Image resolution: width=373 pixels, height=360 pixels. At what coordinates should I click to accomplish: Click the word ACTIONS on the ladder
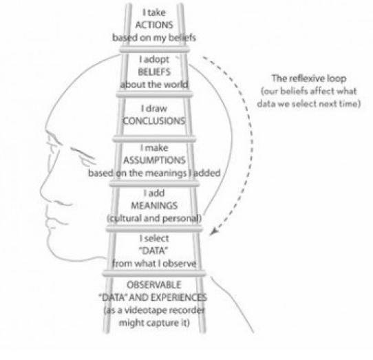[x=154, y=25]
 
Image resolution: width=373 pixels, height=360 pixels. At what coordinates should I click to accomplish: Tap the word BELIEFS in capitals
[x=154, y=72]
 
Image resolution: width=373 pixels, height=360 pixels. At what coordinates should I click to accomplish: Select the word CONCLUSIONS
[x=154, y=121]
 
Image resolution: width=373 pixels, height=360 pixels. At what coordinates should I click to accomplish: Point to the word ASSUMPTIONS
[x=154, y=160]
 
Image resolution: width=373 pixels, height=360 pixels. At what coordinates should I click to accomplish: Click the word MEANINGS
[x=154, y=206]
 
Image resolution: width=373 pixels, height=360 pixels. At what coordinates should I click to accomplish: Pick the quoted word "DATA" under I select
[x=153, y=251]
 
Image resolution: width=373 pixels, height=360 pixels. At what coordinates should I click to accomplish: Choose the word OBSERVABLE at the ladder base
[x=154, y=285]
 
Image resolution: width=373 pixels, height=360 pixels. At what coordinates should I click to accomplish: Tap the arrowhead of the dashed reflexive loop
[x=213, y=232]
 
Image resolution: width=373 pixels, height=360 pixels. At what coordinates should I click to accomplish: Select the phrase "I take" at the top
[x=154, y=12]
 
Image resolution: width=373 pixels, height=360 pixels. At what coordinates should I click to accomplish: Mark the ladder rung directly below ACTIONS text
[x=155, y=50]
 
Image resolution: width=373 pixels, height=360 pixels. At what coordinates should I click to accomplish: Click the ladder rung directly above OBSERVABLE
[x=154, y=273]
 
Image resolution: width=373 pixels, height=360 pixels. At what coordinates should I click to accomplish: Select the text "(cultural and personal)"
[x=154, y=218]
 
